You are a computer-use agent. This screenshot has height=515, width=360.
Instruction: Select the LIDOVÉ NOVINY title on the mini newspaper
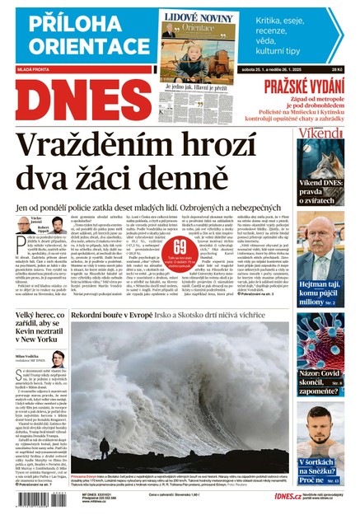(199, 16)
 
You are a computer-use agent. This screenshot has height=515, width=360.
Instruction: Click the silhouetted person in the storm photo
(105, 450)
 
